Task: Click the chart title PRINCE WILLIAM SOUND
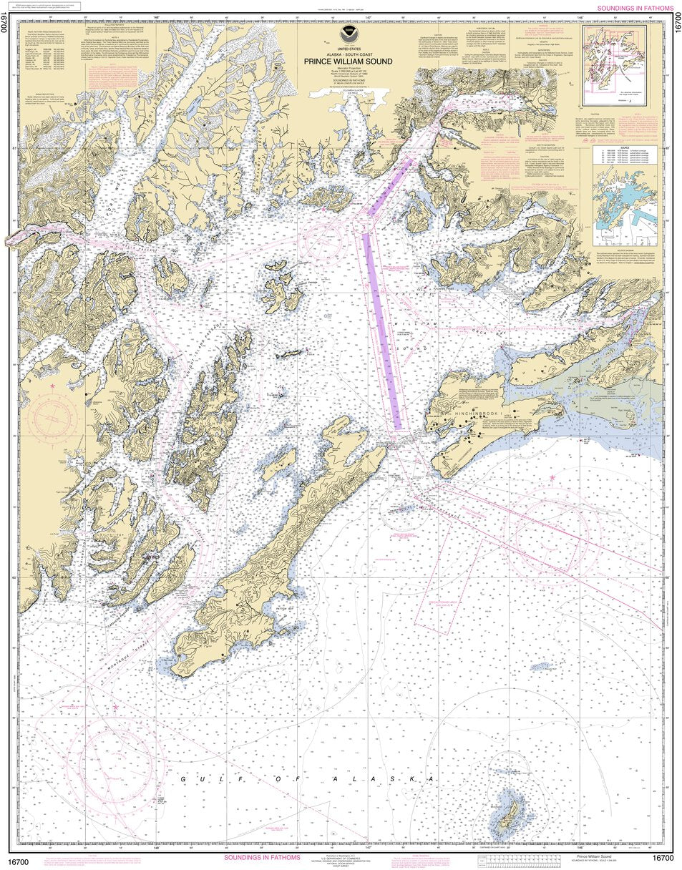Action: (x=348, y=62)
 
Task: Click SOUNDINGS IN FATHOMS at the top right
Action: (x=635, y=8)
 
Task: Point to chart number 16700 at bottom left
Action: (x=19, y=859)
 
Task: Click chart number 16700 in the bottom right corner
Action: (x=663, y=859)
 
